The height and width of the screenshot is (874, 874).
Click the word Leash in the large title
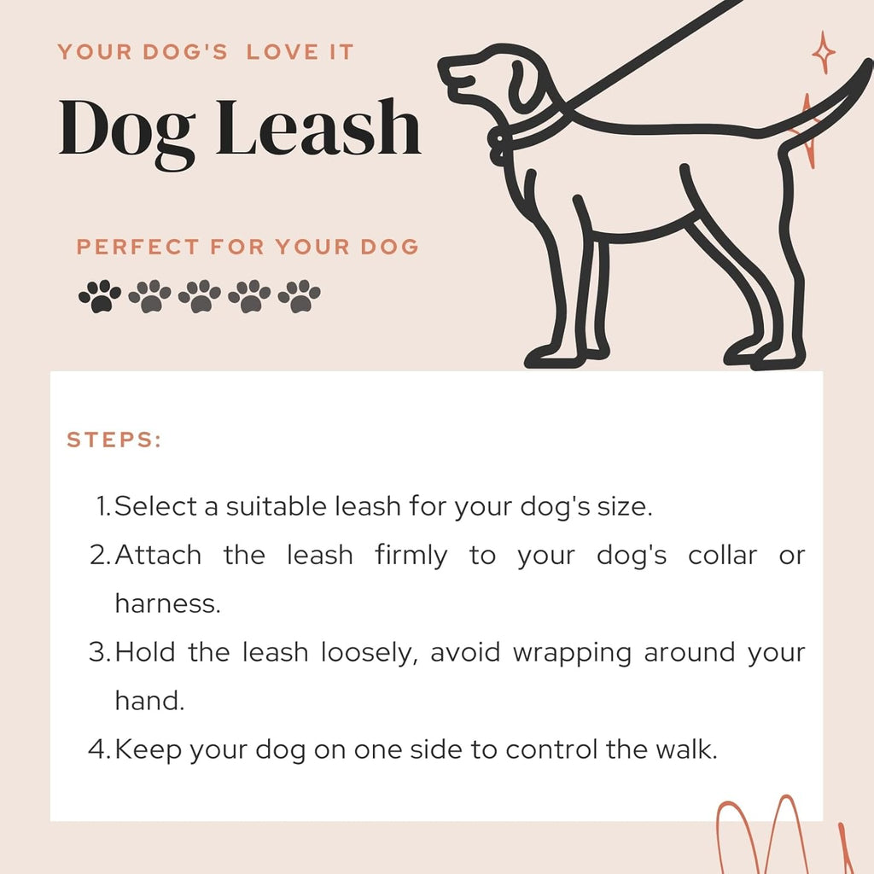(318, 128)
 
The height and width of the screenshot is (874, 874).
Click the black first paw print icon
(100, 295)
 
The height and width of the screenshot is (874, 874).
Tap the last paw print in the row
(300, 295)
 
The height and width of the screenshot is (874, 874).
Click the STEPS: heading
(114, 440)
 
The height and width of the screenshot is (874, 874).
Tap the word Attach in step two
(158, 555)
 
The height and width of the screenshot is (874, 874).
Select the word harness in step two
(167, 603)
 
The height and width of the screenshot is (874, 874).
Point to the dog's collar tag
(496, 149)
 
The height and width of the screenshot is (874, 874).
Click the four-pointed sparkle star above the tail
(824, 53)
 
